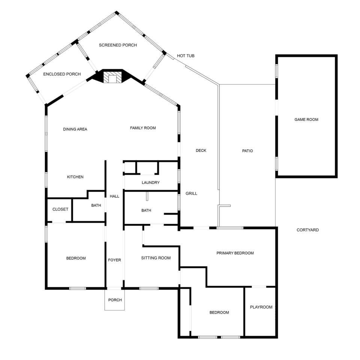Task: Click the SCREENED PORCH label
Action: (x=118, y=45)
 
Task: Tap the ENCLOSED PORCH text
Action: (x=62, y=74)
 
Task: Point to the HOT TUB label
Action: (x=186, y=56)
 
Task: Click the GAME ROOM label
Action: (x=306, y=119)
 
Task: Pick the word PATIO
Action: (x=247, y=151)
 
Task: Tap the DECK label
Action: (x=201, y=151)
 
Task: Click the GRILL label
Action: (x=192, y=193)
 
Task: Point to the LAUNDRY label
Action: (x=151, y=183)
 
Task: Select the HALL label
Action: (x=114, y=196)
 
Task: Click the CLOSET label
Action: (x=60, y=209)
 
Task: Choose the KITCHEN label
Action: (x=75, y=177)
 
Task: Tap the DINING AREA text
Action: (x=75, y=129)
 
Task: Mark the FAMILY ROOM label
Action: (x=143, y=128)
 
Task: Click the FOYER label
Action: (x=115, y=260)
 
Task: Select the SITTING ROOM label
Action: (x=156, y=258)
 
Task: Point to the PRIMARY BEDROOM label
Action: (x=235, y=253)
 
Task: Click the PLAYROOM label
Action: (x=261, y=307)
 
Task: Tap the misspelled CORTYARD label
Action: (x=307, y=230)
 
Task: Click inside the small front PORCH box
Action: (x=115, y=300)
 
